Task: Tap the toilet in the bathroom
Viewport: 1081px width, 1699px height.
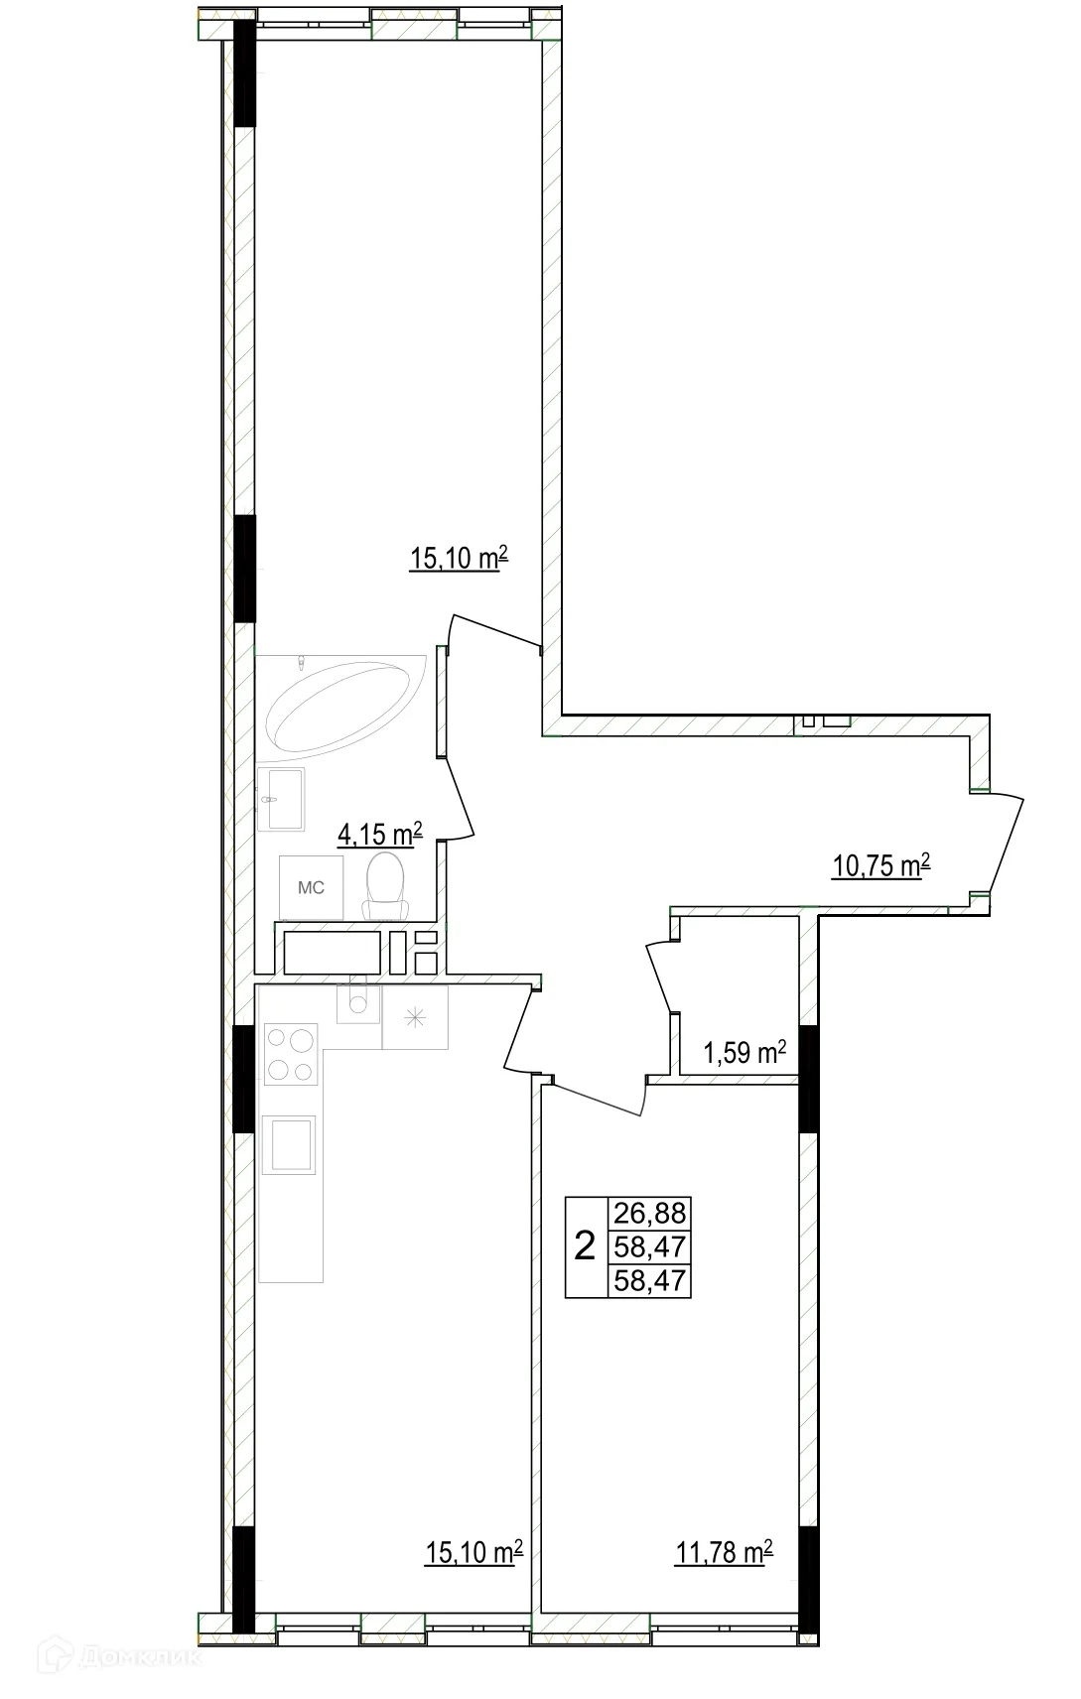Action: [385, 886]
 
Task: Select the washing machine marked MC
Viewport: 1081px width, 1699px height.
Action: [312, 888]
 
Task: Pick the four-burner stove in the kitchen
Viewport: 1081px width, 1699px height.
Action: [290, 1055]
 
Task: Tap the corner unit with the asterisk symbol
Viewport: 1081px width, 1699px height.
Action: [415, 1016]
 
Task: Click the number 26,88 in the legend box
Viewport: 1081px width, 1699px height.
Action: [650, 1213]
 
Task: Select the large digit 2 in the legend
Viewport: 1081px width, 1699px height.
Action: [586, 1245]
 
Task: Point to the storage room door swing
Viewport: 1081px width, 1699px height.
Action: [661, 978]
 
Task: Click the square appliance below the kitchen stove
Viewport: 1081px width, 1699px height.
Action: [289, 1144]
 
